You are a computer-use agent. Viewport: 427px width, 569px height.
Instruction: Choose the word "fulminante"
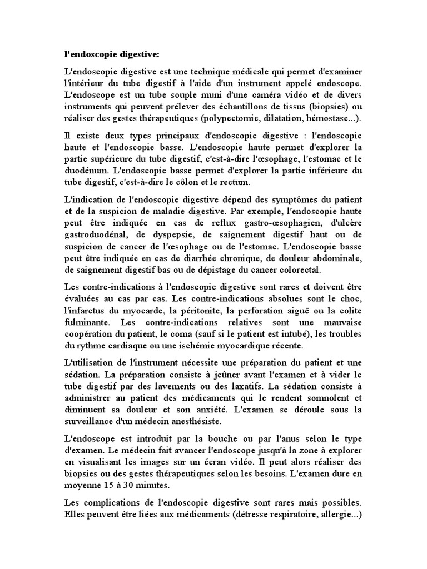click(x=84, y=322)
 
